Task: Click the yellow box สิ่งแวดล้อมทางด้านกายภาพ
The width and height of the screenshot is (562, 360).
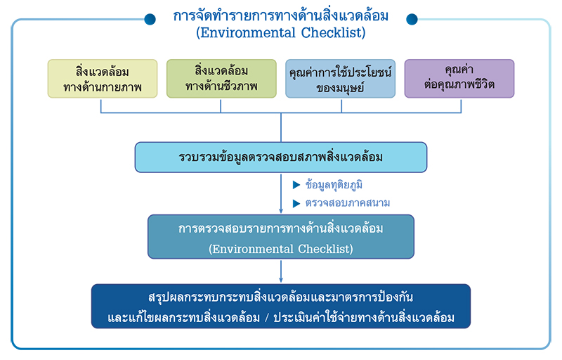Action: [x=103, y=79]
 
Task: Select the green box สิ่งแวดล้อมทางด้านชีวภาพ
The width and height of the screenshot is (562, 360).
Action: [x=221, y=79]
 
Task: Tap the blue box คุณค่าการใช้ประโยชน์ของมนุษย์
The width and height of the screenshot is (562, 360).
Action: [x=341, y=79]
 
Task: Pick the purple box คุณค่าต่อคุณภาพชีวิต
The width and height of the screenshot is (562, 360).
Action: [x=459, y=79]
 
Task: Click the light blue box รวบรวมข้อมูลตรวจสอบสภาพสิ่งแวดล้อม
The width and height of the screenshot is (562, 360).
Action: [x=281, y=157]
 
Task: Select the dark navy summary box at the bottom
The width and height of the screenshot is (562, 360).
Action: [x=281, y=306]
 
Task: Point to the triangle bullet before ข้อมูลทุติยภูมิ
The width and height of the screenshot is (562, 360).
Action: [x=296, y=186]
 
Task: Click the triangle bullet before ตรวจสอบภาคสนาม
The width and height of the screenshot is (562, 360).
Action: [x=296, y=203]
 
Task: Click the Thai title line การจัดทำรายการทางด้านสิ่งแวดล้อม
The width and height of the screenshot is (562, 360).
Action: [x=280, y=15]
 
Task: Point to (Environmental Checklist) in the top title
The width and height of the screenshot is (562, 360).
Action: [x=281, y=32]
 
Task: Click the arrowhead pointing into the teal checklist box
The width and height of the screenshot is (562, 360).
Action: [x=281, y=211]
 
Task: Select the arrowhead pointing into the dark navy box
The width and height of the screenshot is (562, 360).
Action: [x=281, y=280]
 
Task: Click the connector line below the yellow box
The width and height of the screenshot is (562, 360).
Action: [x=102, y=105]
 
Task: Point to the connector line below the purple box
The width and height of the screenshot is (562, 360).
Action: [x=461, y=105]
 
